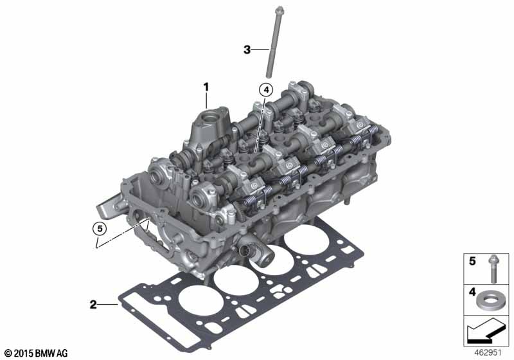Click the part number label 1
point(207,85)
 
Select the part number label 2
point(94,303)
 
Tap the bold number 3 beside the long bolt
point(247,49)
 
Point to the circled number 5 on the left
point(97,227)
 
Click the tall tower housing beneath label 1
point(209,129)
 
